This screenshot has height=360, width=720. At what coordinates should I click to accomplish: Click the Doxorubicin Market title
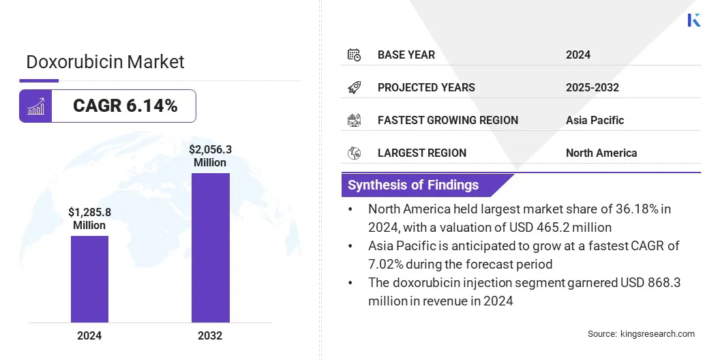click(105, 62)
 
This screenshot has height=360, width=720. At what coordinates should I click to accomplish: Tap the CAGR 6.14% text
click(125, 106)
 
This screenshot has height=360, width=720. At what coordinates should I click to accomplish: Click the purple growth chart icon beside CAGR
click(35, 106)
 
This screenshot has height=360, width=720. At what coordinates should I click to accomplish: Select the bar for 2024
click(89, 279)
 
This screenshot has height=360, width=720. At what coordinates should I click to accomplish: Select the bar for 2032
click(210, 247)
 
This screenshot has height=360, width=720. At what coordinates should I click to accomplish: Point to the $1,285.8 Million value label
click(89, 218)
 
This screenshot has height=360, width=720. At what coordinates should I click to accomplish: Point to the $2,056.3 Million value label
click(210, 155)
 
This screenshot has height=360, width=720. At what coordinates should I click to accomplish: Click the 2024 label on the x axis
click(89, 335)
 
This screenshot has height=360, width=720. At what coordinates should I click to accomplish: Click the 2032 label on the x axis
click(210, 335)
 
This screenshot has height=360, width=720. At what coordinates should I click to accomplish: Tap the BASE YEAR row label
click(406, 55)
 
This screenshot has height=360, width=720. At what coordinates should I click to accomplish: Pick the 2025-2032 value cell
click(592, 87)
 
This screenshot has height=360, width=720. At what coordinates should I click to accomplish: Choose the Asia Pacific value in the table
click(595, 120)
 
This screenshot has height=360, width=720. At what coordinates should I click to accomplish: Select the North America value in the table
click(601, 153)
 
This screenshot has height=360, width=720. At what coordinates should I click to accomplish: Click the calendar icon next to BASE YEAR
click(354, 55)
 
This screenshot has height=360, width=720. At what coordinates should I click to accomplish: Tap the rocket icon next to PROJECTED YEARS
click(354, 87)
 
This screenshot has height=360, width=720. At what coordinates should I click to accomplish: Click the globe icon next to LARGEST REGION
click(354, 153)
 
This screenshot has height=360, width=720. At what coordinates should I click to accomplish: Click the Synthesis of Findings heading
click(413, 185)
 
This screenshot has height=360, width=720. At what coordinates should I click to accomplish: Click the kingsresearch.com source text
click(658, 333)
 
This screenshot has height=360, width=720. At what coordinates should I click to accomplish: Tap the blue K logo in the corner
click(693, 20)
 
